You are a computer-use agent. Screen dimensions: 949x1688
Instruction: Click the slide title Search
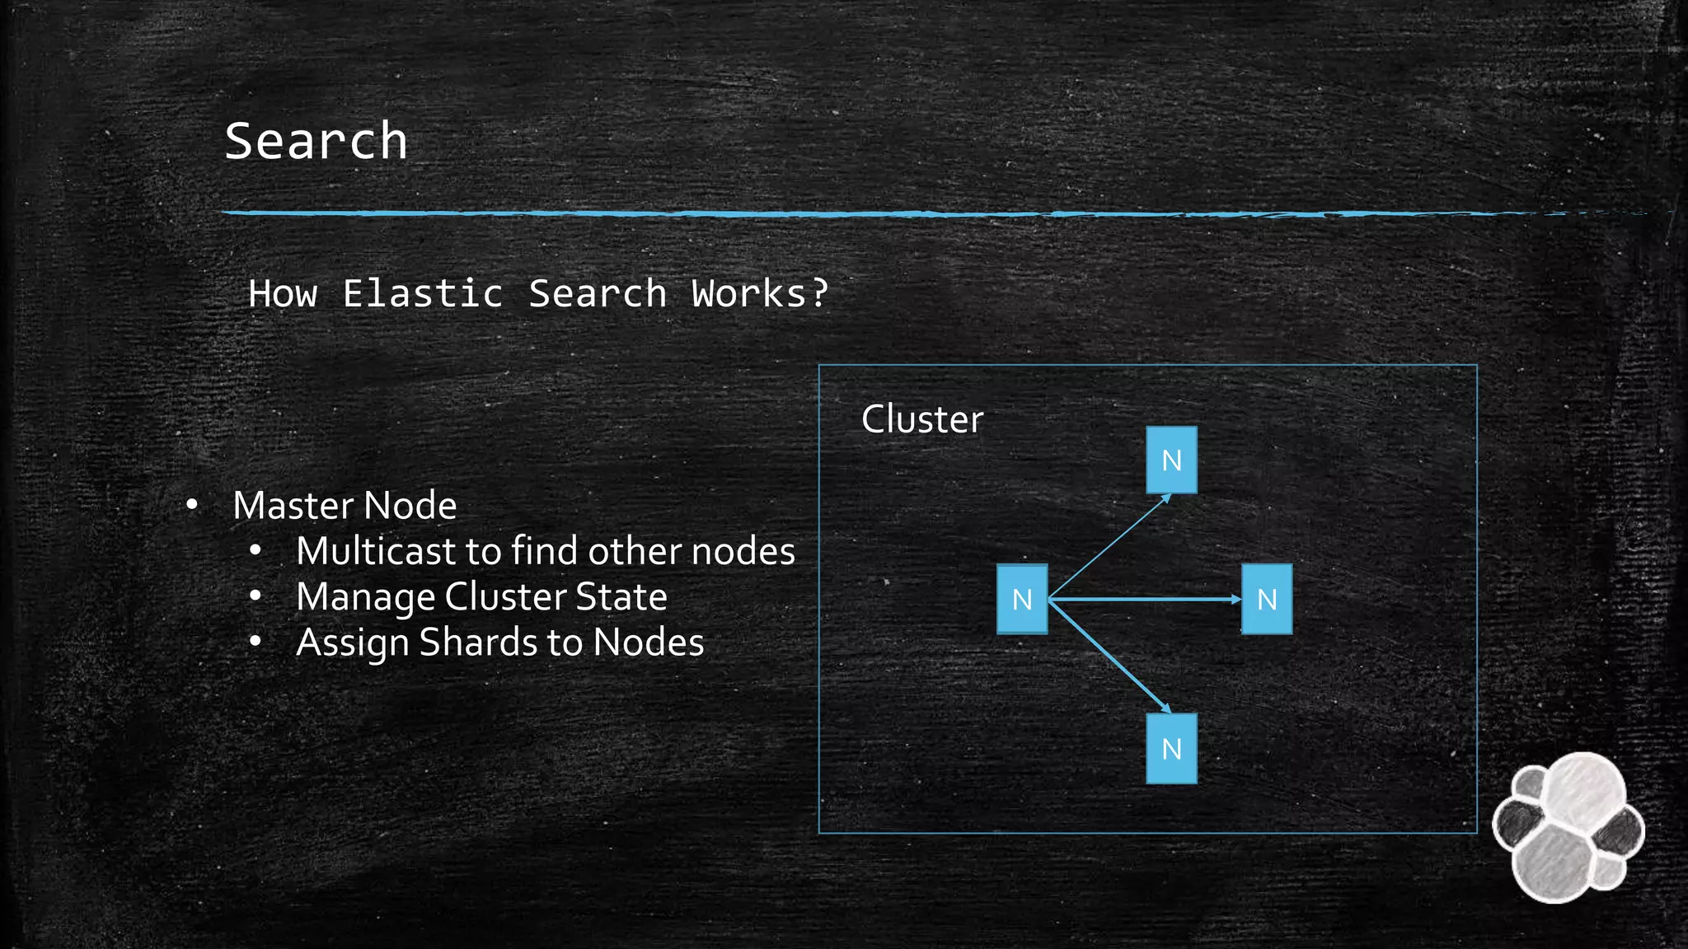[x=316, y=141]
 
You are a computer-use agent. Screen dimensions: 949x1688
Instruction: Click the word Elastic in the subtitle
[x=422, y=293]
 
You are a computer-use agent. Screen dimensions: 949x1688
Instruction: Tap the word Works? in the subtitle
[x=759, y=293]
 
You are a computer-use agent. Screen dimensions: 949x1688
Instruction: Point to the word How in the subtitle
[x=283, y=293]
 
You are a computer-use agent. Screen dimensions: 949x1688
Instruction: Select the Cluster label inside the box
[x=921, y=419]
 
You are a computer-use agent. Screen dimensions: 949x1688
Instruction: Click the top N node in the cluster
[x=1171, y=460]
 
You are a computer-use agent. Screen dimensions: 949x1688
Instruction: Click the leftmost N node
[x=1022, y=599]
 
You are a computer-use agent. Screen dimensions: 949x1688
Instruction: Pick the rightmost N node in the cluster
[x=1267, y=599]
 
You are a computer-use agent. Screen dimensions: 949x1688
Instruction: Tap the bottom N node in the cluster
[x=1171, y=748]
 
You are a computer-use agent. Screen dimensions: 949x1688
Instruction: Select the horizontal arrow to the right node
[x=1146, y=600]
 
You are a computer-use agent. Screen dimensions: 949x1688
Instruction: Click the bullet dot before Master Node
[x=192, y=504]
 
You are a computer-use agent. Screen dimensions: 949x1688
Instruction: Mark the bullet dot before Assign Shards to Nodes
[x=256, y=641]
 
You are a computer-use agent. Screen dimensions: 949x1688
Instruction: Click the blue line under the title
[x=824, y=213]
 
